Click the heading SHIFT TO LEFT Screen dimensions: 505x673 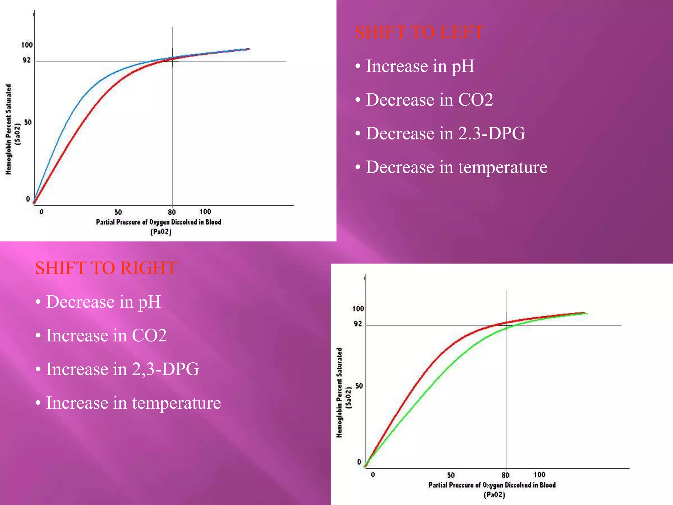click(419, 33)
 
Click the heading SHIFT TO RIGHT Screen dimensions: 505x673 click(106, 268)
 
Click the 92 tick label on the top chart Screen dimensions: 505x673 click(27, 60)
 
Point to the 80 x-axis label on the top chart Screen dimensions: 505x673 click(172, 212)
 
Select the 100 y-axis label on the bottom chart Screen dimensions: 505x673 click(358, 309)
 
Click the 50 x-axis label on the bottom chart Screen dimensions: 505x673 click(451, 475)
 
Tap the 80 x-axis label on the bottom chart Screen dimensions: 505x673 click(505, 475)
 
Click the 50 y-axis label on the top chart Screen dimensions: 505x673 click(28, 122)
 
